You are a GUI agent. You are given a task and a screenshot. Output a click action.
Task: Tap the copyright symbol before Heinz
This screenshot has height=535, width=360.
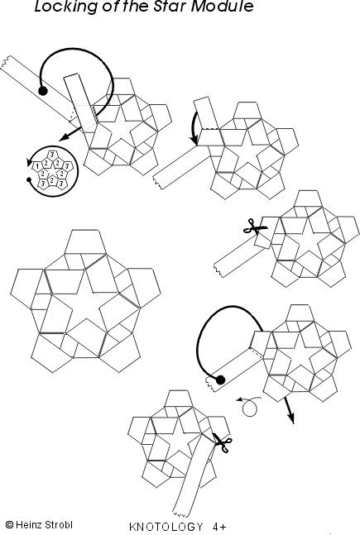9,524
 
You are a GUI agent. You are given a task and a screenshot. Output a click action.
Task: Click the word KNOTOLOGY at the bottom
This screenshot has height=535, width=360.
166,526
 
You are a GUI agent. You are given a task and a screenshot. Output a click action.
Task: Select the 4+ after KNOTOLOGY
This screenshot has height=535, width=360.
219,526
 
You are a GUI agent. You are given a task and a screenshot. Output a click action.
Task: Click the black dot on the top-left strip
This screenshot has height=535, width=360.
42,90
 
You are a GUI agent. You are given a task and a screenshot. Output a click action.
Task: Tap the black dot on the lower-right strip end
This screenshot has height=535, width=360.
221,380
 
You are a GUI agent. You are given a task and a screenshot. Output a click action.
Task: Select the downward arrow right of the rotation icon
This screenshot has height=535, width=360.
290,413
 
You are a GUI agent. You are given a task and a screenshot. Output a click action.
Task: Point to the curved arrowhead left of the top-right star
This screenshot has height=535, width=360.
195,139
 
